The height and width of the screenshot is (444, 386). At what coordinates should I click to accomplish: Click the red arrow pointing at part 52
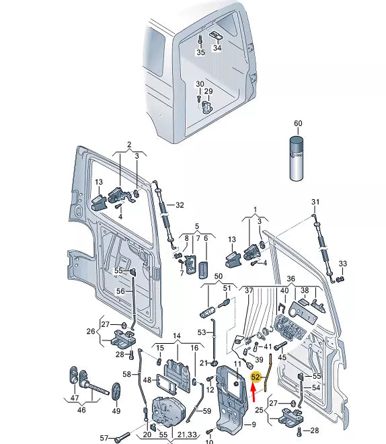254,392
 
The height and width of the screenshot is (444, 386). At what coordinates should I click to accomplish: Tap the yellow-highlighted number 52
256,377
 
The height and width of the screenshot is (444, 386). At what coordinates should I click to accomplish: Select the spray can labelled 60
297,158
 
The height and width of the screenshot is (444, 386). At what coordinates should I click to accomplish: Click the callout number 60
298,123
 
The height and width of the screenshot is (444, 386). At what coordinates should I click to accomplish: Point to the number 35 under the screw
200,52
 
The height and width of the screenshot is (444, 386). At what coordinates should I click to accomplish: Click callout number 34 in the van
217,48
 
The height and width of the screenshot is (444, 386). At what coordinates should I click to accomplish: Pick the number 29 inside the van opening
208,91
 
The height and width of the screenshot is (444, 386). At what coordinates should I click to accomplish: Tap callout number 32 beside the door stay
180,205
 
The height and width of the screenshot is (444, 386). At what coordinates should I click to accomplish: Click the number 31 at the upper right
315,202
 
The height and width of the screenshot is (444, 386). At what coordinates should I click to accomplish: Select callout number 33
343,263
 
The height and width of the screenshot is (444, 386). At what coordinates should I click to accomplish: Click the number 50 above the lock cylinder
219,276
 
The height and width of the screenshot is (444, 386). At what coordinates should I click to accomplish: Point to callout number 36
291,279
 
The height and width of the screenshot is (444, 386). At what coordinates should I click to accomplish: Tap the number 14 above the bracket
177,336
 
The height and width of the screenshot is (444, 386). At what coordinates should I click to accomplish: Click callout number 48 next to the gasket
147,379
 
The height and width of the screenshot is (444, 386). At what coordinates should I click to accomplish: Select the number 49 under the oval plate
116,410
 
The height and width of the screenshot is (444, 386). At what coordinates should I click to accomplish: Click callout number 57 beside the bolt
104,438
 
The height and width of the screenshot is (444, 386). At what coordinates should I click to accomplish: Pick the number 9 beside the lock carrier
254,424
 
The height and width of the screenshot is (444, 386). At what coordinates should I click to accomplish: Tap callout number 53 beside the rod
202,332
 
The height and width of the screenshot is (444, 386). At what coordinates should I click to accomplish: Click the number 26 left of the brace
91,331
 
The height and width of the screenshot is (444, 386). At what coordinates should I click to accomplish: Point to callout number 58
127,374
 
